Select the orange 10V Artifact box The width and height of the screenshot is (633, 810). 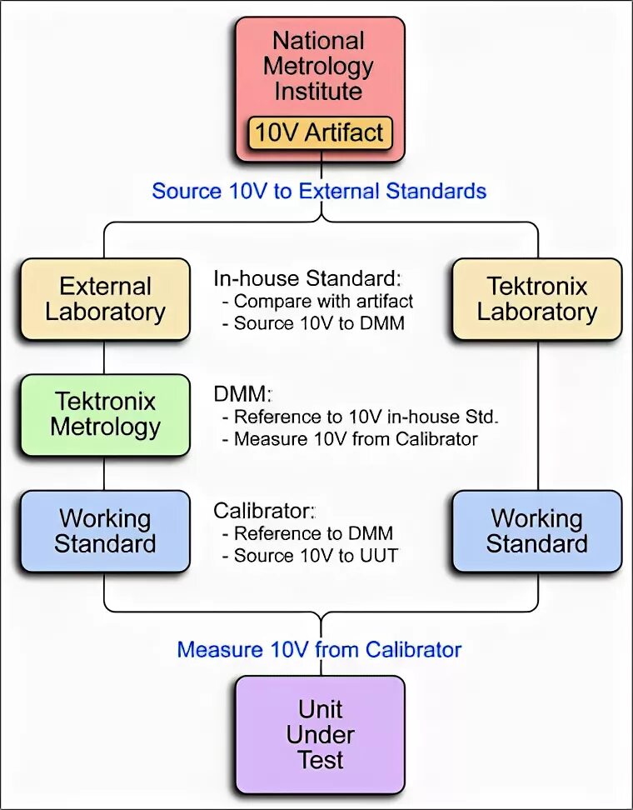click(320, 132)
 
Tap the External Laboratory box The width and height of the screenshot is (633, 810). click(105, 299)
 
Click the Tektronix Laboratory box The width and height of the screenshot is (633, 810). click(537, 299)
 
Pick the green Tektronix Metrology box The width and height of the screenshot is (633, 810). click(105, 414)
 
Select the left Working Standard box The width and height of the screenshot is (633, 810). click(105, 531)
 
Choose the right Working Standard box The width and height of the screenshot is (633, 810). click(537, 531)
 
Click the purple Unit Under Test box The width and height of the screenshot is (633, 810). click(320, 734)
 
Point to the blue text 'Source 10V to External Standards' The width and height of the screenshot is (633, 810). click(319, 191)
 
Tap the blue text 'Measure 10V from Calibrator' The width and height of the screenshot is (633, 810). click(319, 649)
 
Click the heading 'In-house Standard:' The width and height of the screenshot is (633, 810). click(307, 278)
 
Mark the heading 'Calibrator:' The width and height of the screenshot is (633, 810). click(266, 510)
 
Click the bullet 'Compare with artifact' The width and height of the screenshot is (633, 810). click(323, 301)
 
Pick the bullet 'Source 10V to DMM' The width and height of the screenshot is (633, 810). click(319, 323)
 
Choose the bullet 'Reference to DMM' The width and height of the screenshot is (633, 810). click(313, 532)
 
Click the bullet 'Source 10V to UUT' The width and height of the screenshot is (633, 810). click(316, 555)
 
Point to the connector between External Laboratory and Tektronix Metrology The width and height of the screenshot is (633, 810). click(105, 357)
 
